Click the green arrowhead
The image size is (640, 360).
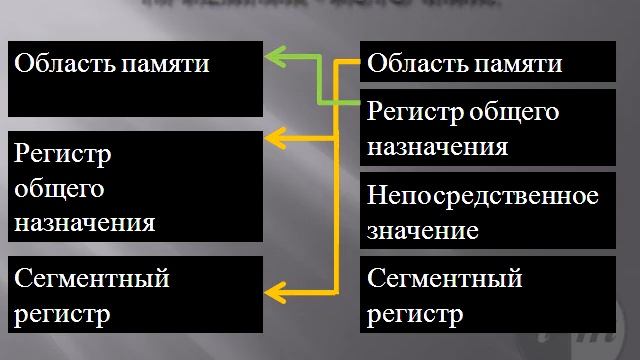click(x=274, y=58)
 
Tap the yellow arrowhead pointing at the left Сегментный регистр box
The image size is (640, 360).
click(x=274, y=290)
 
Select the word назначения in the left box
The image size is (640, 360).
click(x=84, y=222)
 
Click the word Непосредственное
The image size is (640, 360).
click(x=483, y=195)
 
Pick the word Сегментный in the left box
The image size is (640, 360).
click(x=91, y=277)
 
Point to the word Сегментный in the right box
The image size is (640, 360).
click(x=445, y=277)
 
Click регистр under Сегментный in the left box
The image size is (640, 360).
click(x=61, y=313)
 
